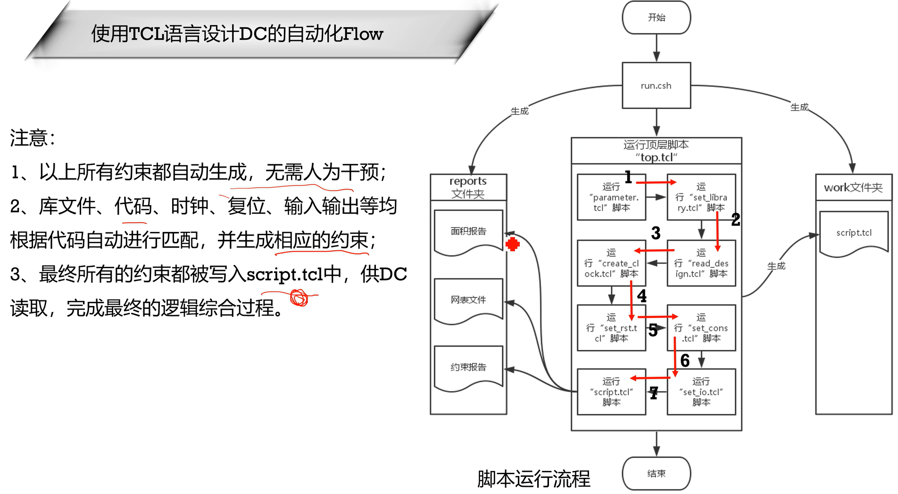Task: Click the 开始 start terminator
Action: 656,17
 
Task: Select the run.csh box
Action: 656,85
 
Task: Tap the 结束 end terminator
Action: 656,473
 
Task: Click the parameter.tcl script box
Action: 611,197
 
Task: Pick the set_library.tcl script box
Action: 701,197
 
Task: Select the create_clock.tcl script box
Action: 611,264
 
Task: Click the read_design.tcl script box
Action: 701,264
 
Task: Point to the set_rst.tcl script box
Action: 611,328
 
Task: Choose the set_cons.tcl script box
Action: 701,328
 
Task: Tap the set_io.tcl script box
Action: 701,392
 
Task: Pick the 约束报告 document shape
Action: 468,367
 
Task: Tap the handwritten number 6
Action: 685,361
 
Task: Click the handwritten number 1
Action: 628,177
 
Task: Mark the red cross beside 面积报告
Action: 512,244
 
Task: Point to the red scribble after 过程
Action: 299,298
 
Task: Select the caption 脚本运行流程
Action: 533,479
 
